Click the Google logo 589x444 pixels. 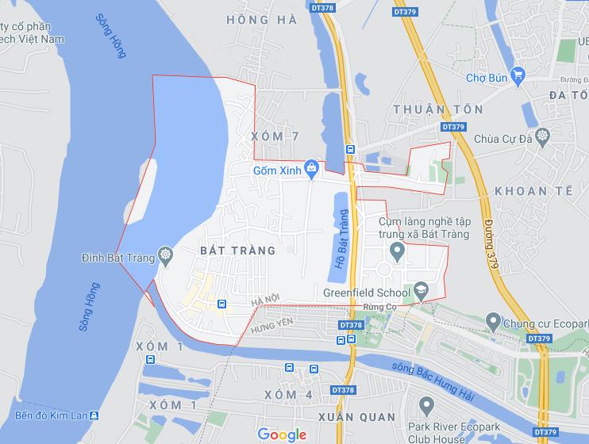coord(282,434)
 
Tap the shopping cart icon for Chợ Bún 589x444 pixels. coord(519,76)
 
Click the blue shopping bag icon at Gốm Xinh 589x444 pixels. coord(312,167)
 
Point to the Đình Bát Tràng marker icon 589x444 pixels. coord(165,255)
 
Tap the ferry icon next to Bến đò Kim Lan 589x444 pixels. coord(94,415)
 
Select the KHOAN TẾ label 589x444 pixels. coord(532,191)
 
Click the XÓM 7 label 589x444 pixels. coord(274,136)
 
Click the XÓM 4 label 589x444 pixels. coord(289,394)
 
